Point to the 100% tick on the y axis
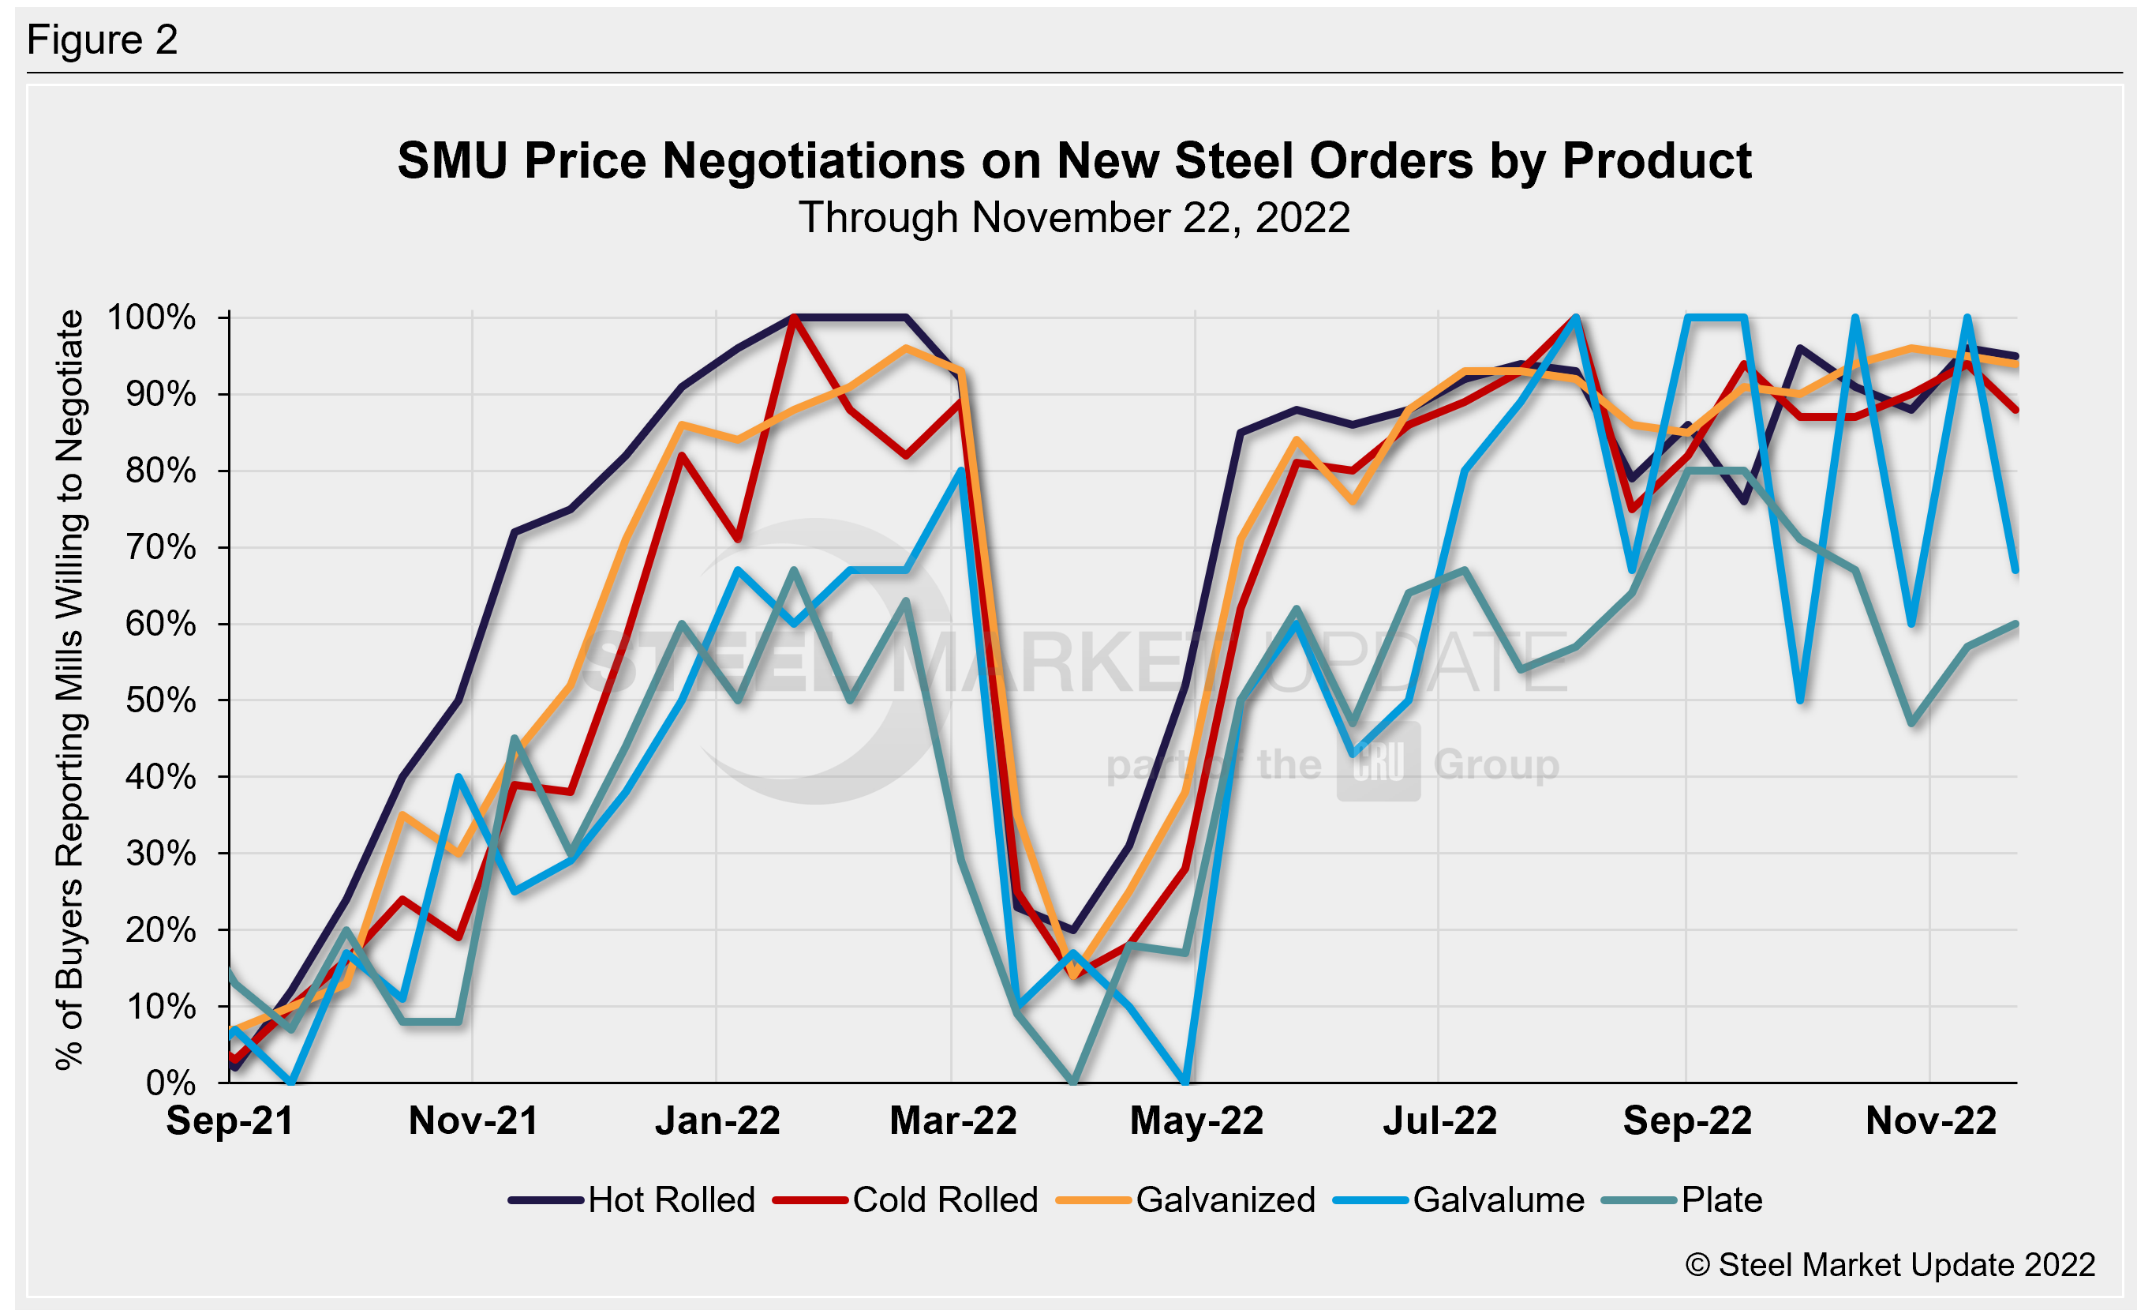coord(151,317)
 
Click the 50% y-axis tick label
coord(160,700)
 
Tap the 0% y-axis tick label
coord(171,1083)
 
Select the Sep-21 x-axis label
coord(230,1120)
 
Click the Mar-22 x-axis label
coord(952,1120)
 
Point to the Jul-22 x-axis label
coord(1439,1120)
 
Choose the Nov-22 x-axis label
coord(1930,1120)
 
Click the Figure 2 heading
coord(103,40)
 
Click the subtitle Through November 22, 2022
coord(1074,217)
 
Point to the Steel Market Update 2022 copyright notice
coord(1890,1265)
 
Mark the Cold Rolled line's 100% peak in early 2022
coord(794,317)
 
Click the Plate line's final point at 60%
coord(2016,624)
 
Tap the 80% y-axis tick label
coord(160,471)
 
